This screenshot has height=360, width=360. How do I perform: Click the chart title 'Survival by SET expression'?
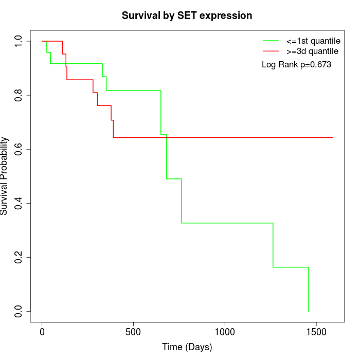187,16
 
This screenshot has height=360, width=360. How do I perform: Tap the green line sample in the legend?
271,41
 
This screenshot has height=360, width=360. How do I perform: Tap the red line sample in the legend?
271,51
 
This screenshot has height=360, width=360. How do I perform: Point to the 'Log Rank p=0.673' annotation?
296,65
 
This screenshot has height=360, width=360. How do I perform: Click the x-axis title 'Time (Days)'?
187,348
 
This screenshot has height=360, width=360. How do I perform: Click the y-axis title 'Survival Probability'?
5,175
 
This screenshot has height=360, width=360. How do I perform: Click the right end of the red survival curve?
333,138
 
